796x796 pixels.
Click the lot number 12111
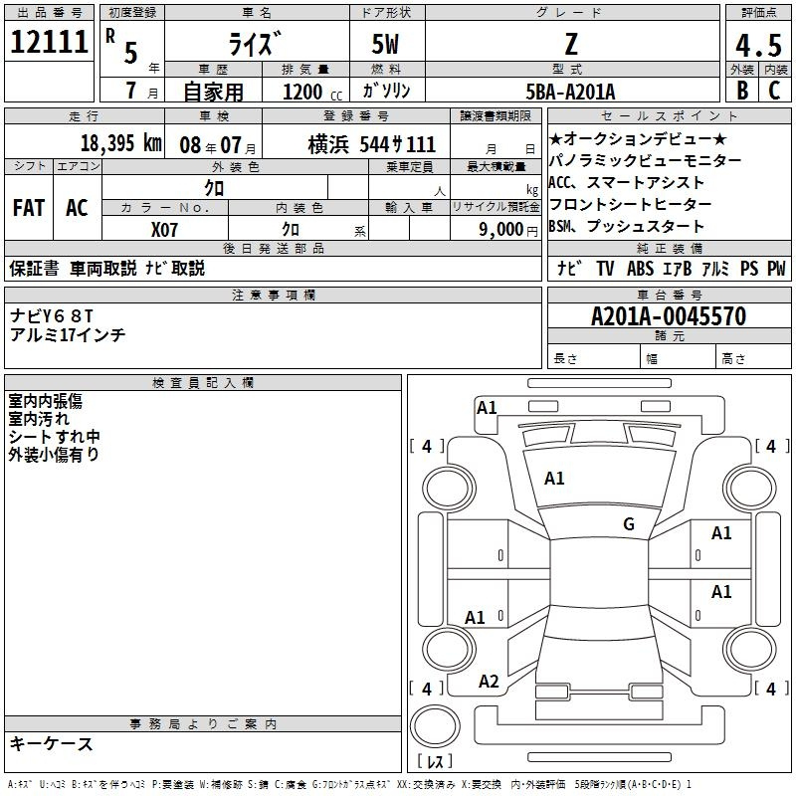pyautogui.click(x=49, y=42)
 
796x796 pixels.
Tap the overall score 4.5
pyautogui.click(x=758, y=45)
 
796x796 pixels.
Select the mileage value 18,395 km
pyautogui.click(x=121, y=143)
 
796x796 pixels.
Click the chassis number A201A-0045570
pyautogui.click(x=669, y=316)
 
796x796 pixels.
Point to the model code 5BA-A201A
pyautogui.click(x=570, y=92)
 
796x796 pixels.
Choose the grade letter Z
pyautogui.click(x=571, y=44)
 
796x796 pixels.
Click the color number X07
pyautogui.click(x=164, y=230)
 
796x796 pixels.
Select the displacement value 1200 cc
pyautogui.click(x=312, y=92)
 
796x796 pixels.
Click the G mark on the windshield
pyautogui.click(x=629, y=523)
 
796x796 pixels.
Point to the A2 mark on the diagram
pyautogui.click(x=489, y=681)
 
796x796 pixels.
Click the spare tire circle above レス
pyautogui.click(x=435, y=725)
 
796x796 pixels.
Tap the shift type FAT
pyautogui.click(x=29, y=208)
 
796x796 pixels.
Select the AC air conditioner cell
pyautogui.click(x=78, y=208)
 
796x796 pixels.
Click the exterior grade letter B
pyautogui.click(x=742, y=91)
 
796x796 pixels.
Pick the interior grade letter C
pyautogui.click(x=774, y=91)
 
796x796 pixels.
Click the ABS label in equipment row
pyautogui.click(x=640, y=268)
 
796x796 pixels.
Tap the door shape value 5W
pyautogui.click(x=385, y=44)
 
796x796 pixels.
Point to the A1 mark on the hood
pyautogui.click(x=554, y=478)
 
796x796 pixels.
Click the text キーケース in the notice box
pyautogui.click(x=52, y=743)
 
